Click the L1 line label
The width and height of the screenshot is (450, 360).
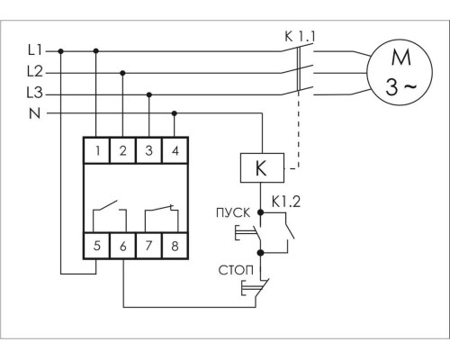35,50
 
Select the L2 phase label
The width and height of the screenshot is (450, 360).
35,72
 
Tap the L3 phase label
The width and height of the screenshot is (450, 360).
35,93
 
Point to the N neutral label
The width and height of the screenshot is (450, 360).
35,113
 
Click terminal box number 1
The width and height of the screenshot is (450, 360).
97,150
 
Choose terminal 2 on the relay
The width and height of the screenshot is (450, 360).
123,150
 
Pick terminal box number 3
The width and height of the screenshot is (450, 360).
149,150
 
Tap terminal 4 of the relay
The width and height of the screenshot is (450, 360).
175,150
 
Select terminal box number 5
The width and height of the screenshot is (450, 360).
97,246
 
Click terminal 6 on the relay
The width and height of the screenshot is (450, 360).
123,246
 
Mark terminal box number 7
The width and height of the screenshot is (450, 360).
149,246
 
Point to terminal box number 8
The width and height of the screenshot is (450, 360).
175,246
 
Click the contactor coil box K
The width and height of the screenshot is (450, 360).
262,168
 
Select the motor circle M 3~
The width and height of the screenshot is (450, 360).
400,72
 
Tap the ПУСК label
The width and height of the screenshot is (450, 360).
233,212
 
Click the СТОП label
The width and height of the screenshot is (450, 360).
236,270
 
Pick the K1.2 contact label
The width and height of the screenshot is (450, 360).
286,202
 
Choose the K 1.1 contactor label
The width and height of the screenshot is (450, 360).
300,37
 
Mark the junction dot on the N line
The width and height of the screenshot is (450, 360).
175,113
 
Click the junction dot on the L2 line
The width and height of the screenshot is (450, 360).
122,73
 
